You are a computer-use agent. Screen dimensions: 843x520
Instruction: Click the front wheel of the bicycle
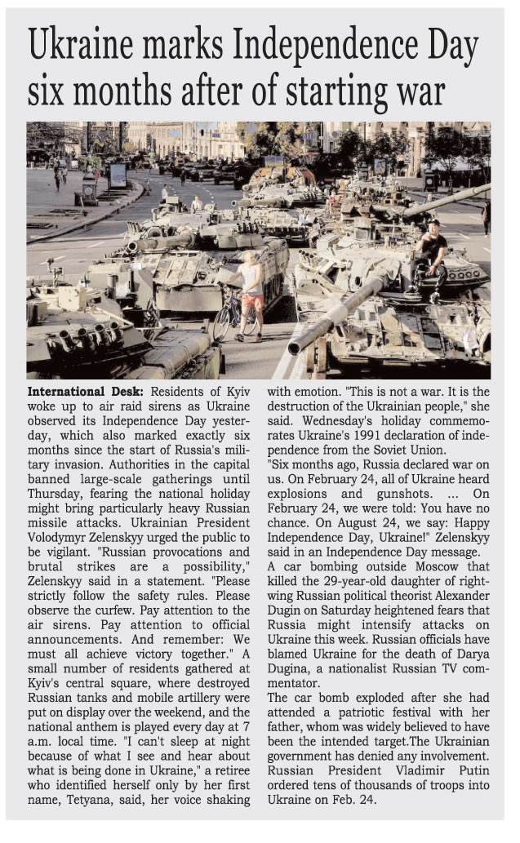point(223,321)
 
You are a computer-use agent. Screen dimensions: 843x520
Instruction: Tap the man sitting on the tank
point(433,249)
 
